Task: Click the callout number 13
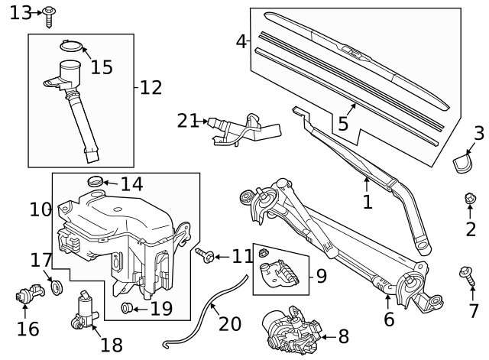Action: pos(21,12)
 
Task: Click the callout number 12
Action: pos(151,87)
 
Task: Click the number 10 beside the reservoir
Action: pos(40,208)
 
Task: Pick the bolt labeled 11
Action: pos(205,255)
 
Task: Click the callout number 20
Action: pos(229,323)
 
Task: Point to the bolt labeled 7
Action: pos(466,274)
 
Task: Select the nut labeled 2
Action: pos(471,199)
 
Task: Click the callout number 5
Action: pos(343,122)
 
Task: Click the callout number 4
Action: pos(241,41)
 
